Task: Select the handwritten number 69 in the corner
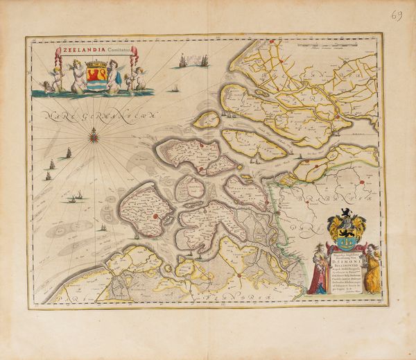pyautogui.click(x=397, y=15)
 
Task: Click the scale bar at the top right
pyautogui.click(x=326, y=49)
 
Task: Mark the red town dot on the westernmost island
pyautogui.click(x=155, y=216)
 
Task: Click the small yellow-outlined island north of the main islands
pyautogui.click(x=207, y=120)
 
